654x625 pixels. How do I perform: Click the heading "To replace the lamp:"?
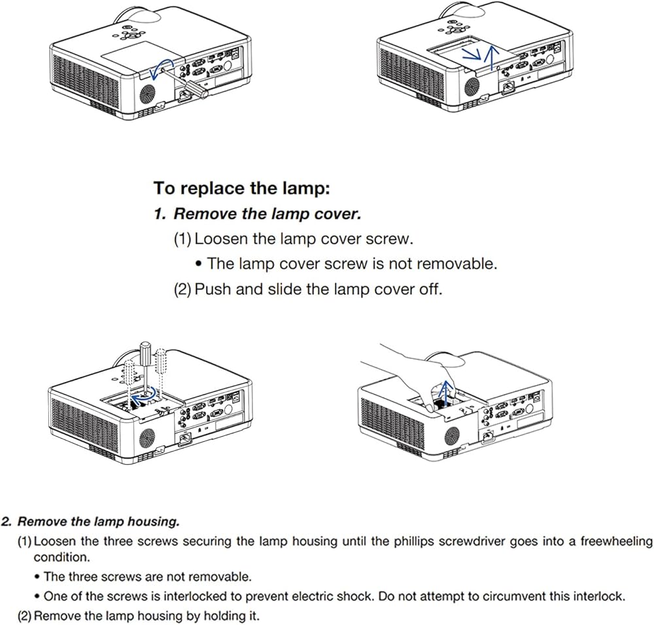(x=242, y=188)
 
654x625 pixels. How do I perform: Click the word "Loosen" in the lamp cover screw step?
(x=220, y=239)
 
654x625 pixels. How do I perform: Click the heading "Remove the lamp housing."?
(x=99, y=522)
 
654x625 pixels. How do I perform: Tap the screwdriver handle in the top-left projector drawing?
(x=195, y=89)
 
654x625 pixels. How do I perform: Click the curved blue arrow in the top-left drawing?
(x=161, y=69)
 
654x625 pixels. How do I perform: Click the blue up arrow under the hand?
(x=446, y=392)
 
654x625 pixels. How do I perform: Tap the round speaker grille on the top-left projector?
(x=147, y=93)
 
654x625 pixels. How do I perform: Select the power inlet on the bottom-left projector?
(x=185, y=439)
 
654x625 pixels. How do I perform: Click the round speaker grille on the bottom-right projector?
(x=452, y=437)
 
